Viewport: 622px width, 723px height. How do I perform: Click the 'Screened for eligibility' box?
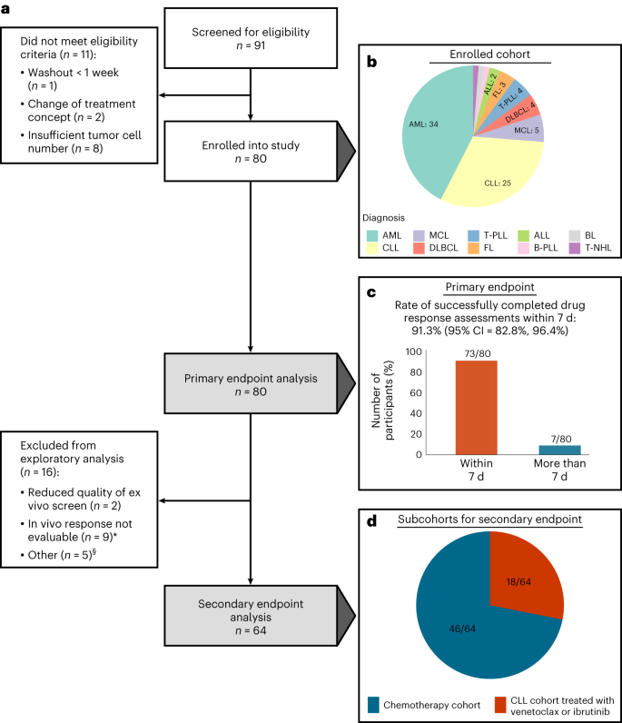tap(250, 40)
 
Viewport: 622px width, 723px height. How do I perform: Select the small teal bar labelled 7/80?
tap(560, 450)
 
